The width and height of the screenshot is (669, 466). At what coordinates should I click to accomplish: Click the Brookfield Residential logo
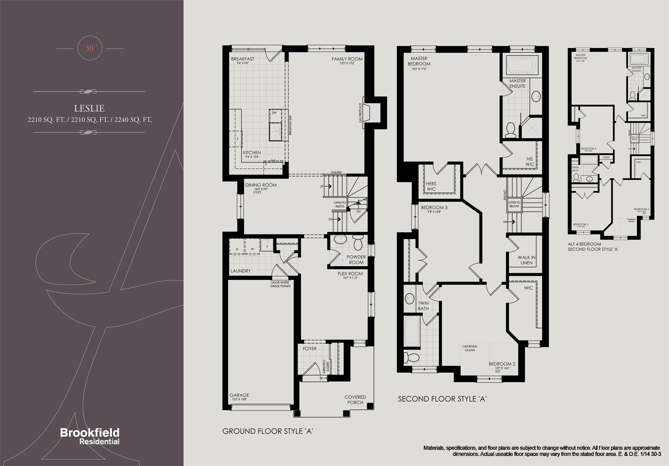[x=90, y=436]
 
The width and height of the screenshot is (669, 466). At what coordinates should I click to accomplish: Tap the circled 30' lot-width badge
[x=89, y=48]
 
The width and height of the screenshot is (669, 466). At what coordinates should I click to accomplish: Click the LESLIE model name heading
[x=89, y=108]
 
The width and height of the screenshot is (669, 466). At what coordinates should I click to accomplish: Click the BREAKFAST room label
[x=242, y=59]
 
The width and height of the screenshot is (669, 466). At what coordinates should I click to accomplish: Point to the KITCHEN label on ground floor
[x=252, y=153]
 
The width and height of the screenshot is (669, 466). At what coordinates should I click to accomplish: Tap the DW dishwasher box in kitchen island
[x=274, y=113]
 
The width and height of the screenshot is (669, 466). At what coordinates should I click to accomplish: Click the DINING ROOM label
[x=261, y=185]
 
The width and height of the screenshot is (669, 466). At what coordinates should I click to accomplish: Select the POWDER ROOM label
[x=356, y=259]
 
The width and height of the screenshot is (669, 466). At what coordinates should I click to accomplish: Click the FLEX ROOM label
[x=350, y=274]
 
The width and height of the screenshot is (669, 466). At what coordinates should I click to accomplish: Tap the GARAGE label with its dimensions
[x=239, y=397]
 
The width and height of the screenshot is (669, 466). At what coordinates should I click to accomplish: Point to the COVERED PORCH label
[x=355, y=400]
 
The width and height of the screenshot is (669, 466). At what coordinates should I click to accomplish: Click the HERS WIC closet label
[x=431, y=186]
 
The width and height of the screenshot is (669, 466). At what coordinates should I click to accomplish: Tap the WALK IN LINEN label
[x=526, y=260]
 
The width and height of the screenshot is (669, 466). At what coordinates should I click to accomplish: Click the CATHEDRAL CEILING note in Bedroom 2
[x=470, y=348]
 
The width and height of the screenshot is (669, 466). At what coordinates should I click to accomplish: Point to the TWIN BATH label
[x=423, y=306]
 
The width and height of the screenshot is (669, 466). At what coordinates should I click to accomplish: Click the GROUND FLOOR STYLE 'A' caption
[x=267, y=431]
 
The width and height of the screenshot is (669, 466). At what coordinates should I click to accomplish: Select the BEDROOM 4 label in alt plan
[x=588, y=149]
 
